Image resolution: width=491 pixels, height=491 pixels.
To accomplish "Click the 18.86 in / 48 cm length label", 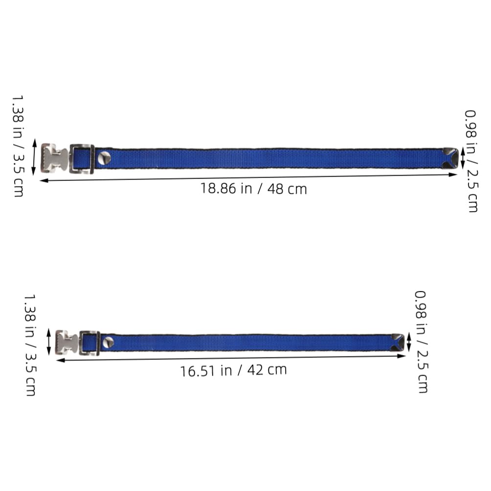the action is click(x=253, y=189).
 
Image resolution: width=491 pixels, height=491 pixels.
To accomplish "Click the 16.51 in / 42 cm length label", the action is click(x=233, y=370).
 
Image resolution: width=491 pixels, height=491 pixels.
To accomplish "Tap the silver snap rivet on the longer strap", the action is click(x=104, y=158).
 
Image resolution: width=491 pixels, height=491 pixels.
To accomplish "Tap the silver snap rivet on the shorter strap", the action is click(x=109, y=342).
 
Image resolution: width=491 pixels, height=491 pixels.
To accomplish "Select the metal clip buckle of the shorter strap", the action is click(x=66, y=342).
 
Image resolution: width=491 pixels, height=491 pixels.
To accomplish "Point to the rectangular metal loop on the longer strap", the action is click(x=82, y=159).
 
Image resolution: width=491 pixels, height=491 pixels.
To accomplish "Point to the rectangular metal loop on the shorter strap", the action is click(x=89, y=343).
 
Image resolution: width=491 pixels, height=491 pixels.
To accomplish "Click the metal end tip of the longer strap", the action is click(x=450, y=158).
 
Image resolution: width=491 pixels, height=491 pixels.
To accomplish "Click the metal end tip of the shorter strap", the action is click(x=398, y=342).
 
